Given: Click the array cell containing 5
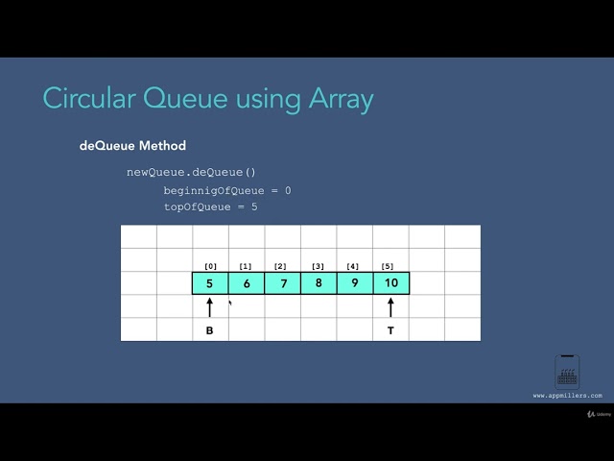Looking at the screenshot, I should [210, 283].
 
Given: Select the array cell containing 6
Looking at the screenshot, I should [247, 283].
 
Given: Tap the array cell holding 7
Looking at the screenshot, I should [282, 283].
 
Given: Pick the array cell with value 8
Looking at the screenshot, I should [319, 283].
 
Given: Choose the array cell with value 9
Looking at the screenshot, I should [354, 283].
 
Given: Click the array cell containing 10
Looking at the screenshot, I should [390, 283].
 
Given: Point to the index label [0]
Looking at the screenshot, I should [210, 266].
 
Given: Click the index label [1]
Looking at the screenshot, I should [246, 266].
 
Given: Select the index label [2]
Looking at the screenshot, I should [280, 266].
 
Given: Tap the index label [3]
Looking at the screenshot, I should [318, 266].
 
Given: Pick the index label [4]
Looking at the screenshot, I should [352, 266].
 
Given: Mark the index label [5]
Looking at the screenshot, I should [388, 266].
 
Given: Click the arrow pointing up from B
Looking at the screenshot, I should [210, 307].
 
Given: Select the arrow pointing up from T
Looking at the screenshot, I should [390, 307].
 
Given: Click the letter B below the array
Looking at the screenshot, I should [210, 330].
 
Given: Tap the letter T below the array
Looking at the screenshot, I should [390, 330].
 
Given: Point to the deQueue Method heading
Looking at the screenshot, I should [132, 146].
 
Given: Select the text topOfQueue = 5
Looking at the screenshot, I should [210, 206].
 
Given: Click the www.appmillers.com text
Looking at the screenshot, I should [568, 395].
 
